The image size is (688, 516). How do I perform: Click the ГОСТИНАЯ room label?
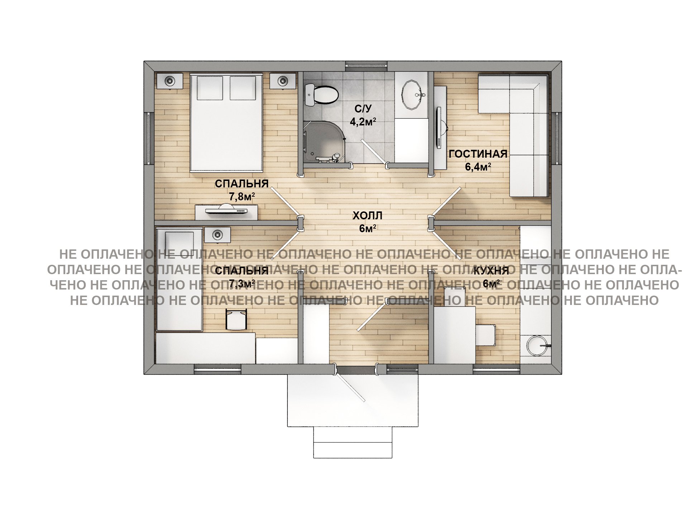coord(478,154)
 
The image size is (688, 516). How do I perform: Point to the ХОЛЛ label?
coord(367,216)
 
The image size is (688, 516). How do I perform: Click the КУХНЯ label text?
coord(491,271)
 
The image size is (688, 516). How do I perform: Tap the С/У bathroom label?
coord(363,108)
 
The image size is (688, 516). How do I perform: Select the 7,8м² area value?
coord(242,197)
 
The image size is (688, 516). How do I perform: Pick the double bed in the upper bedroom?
coord(226,123)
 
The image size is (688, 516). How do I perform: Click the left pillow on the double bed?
coord(210,88)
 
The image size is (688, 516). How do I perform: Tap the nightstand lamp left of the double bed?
coord(169,81)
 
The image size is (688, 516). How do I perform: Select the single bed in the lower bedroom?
coord(180,279)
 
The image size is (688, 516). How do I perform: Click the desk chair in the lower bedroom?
coord(236,319)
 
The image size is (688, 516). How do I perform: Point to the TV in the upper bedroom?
coord(226,210)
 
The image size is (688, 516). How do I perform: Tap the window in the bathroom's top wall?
coord(367,66)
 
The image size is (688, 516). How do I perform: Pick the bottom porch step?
coord(353,450)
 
